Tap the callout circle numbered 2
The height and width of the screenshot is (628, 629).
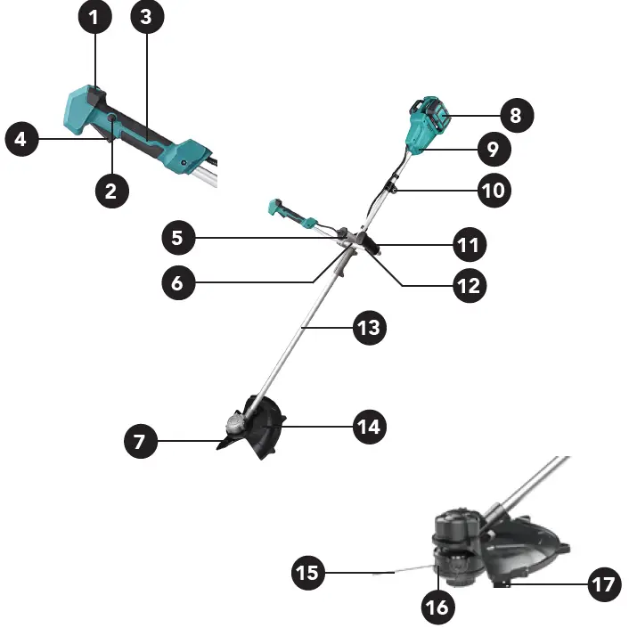tap(111, 190)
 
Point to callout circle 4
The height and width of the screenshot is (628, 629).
tap(22, 139)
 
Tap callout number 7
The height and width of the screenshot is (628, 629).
tap(140, 441)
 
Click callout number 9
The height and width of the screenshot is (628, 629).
tap(493, 149)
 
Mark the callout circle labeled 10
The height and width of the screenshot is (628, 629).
tap(495, 190)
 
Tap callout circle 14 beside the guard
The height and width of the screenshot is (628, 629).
tap(369, 427)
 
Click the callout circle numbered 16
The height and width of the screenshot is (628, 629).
tap(438, 608)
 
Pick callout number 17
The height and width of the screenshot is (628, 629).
tap(604, 585)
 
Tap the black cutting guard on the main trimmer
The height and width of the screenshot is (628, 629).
tap(265, 430)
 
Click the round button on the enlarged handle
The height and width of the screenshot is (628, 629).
tap(112, 118)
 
